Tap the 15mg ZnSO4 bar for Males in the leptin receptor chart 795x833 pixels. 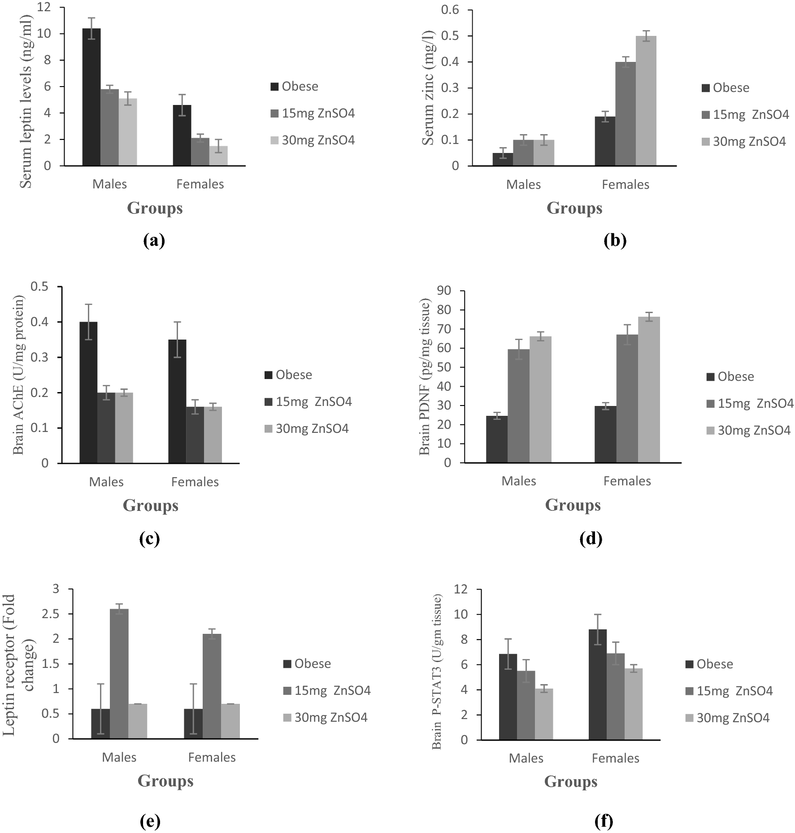(x=119, y=673)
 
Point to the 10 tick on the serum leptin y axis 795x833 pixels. (x=56, y=34)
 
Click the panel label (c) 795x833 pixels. (x=150, y=539)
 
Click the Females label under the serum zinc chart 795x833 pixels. (x=625, y=185)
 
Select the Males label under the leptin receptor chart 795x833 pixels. (x=119, y=757)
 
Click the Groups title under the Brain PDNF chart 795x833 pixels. (x=573, y=505)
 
